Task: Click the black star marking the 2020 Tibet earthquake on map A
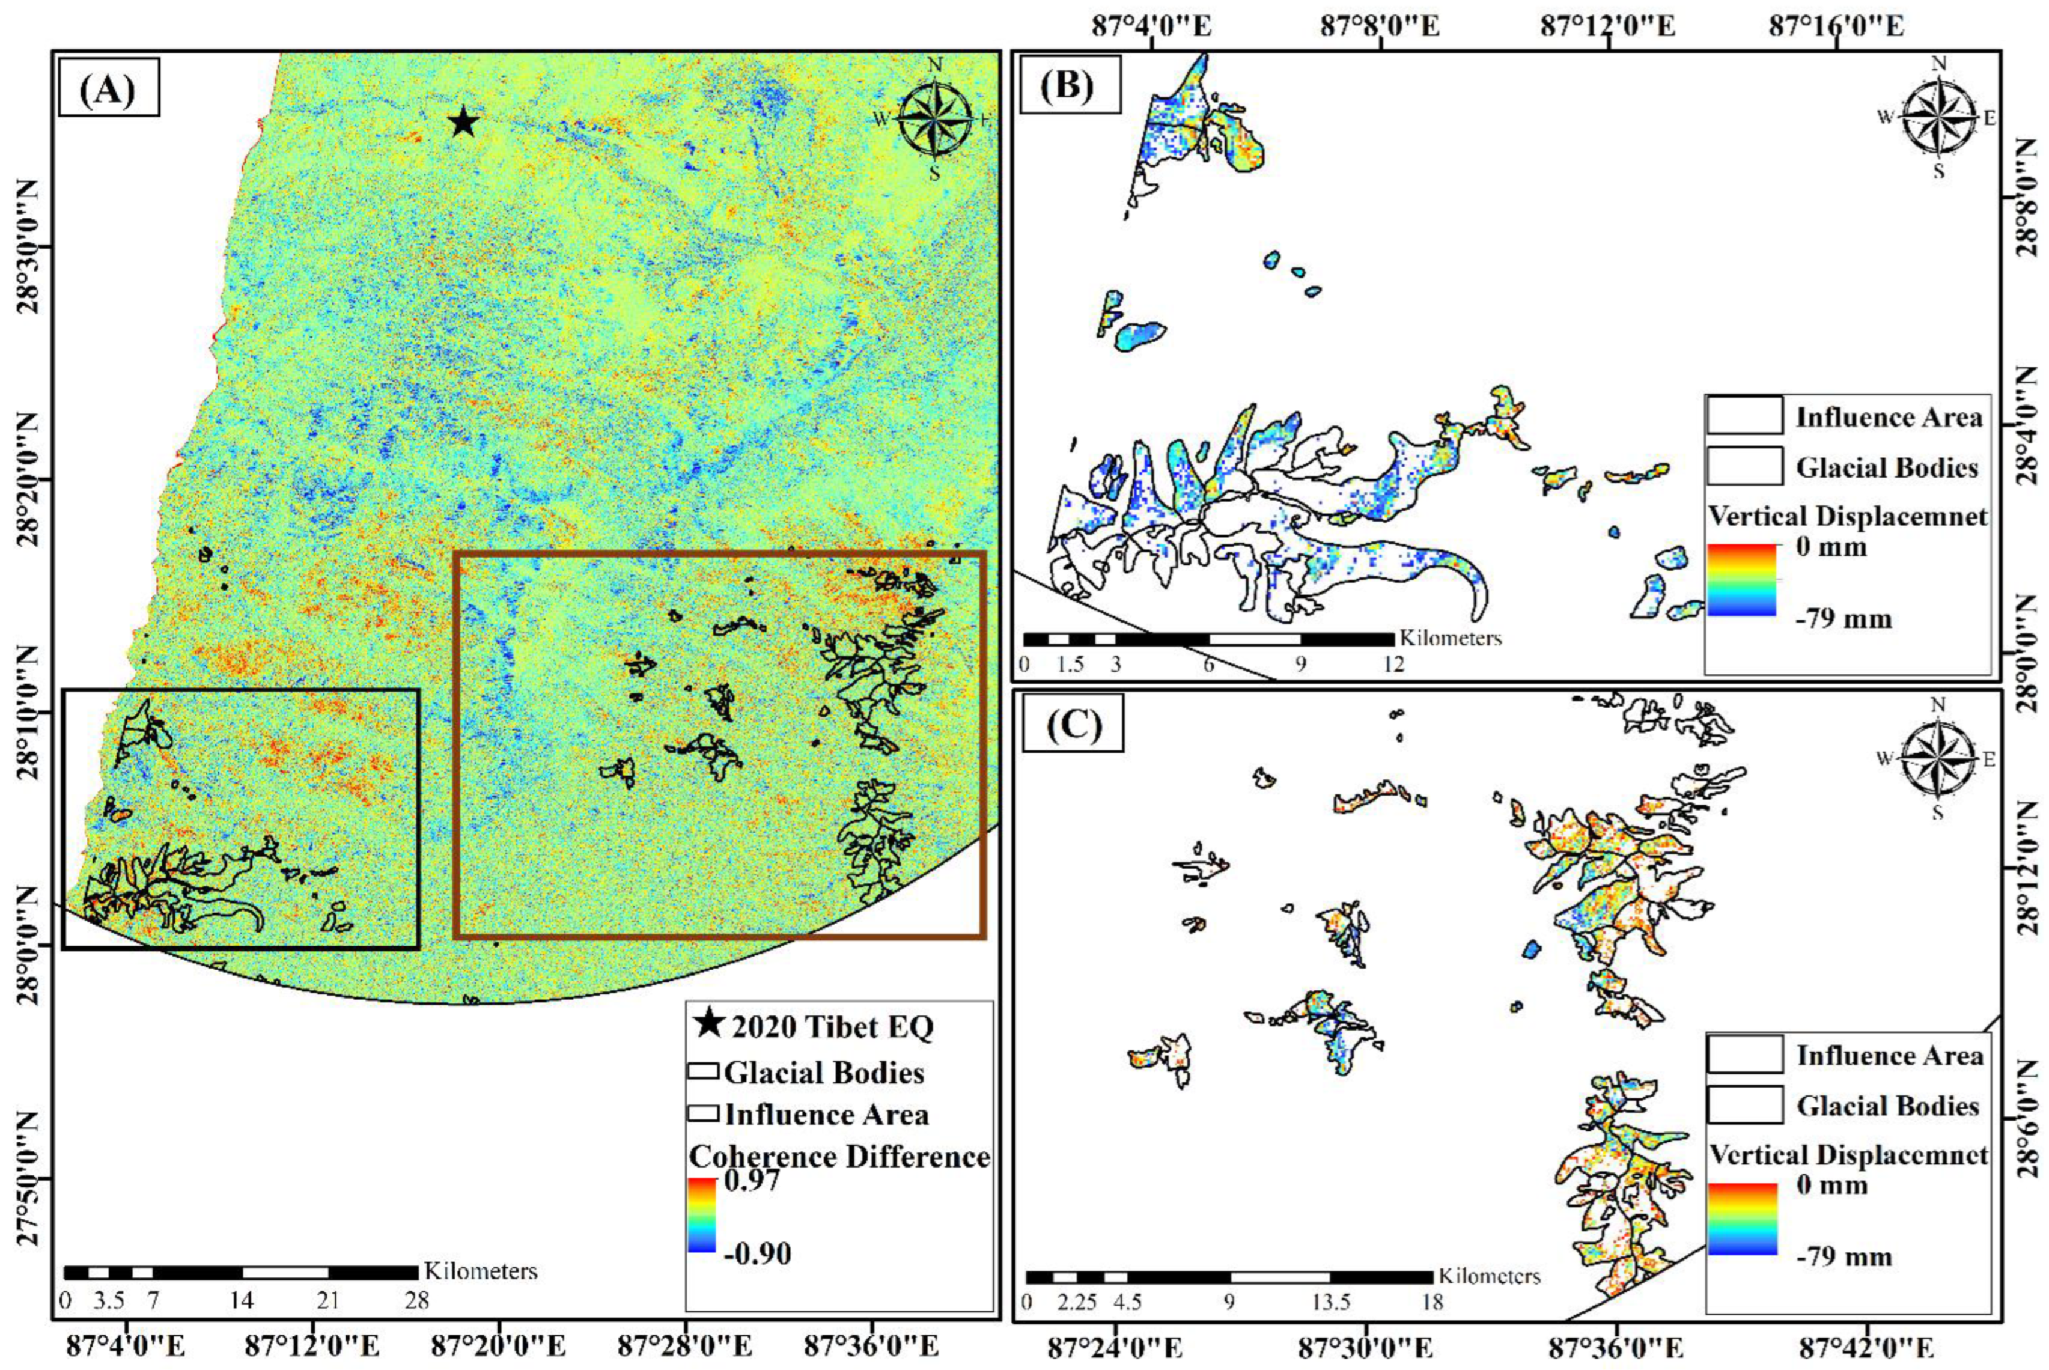click(x=463, y=123)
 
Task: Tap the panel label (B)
click(x=1070, y=85)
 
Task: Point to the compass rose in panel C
click(x=1937, y=758)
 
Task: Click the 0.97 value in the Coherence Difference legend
click(x=752, y=1181)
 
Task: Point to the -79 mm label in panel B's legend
click(x=1843, y=620)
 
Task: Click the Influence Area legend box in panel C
click(x=1744, y=1054)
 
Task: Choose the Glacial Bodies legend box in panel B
click(x=1744, y=466)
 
